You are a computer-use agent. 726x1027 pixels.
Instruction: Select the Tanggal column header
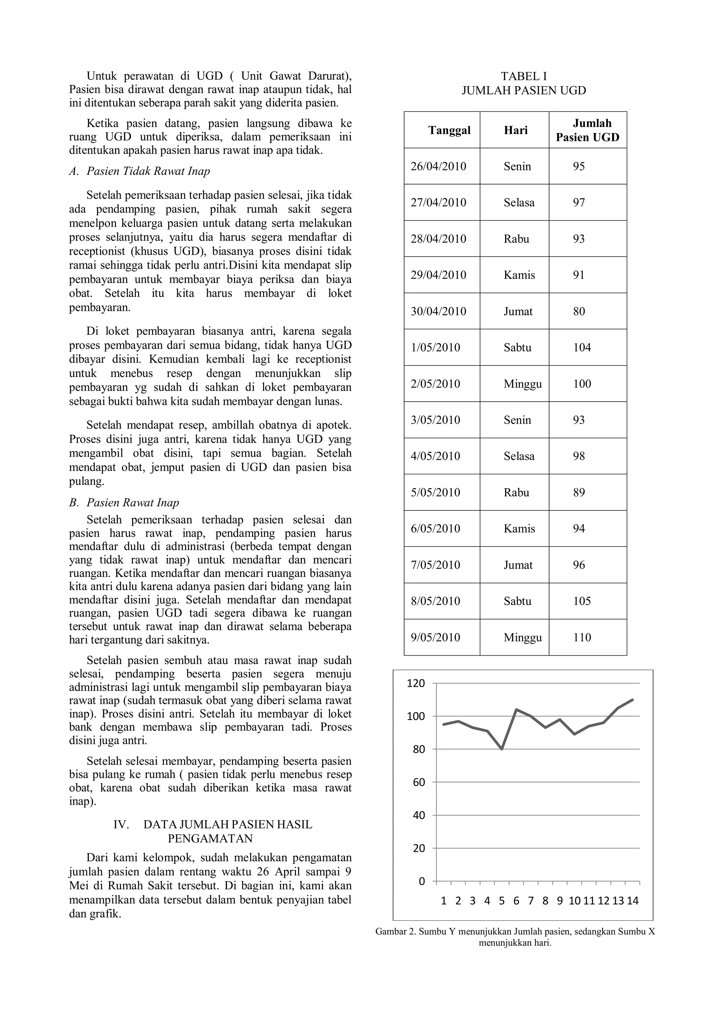point(449,130)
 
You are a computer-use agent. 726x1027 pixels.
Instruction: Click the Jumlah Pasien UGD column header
point(587,130)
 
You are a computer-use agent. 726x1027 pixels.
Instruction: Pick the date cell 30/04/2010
point(438,311)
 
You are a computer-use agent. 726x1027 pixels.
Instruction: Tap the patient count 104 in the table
point(582,348)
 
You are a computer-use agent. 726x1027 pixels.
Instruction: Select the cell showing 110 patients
point(582,637)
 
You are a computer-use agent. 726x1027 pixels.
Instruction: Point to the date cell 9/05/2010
point(435,637)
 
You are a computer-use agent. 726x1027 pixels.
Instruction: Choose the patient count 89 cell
point(579,492)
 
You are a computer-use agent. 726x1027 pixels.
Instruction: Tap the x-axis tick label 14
point(632,901)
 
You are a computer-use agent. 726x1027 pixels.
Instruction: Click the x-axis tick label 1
point(443,901)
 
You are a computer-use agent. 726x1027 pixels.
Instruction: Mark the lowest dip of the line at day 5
point(502,749)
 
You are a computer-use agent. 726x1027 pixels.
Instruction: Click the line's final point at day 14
point(632,700)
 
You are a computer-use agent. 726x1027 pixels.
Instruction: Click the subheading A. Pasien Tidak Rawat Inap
point(139,171)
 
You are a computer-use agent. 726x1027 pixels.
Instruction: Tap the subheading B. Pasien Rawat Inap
point(124,503)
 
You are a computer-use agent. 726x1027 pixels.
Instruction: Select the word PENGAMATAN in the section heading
point(210,839)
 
